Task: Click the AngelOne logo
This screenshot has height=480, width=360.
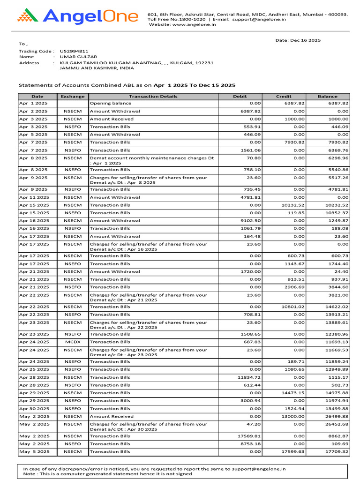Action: point(78,17)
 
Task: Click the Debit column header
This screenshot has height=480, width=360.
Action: point(240,96)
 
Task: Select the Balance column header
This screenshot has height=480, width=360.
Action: point(327,96)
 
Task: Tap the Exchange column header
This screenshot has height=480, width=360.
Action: point(73,96)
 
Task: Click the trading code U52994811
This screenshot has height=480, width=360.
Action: point(74,51)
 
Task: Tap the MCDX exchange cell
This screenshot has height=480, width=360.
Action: point(73,342)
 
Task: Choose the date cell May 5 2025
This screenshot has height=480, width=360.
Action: point(33,451)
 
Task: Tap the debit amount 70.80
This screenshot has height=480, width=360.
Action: point(254,158)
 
